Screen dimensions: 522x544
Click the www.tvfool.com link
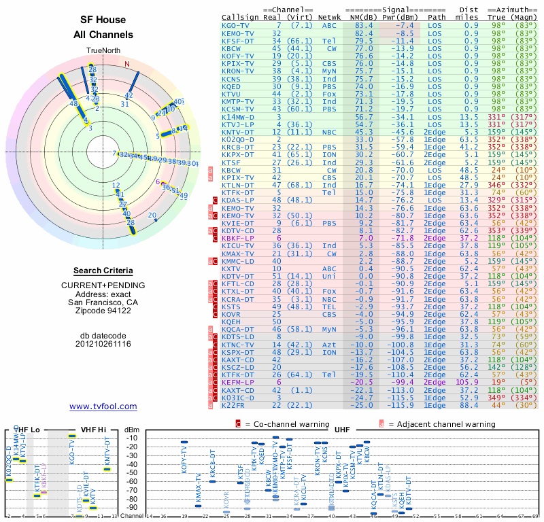point(103,406)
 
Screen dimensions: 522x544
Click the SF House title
point(103,21)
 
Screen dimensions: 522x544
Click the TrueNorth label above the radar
point(103,51)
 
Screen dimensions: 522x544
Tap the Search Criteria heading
point(103,270)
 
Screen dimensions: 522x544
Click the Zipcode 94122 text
point(103,311)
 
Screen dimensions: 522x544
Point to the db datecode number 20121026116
point(103,344)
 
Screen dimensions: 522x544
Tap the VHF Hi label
point(87,430)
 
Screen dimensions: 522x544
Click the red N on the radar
point(126,65)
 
